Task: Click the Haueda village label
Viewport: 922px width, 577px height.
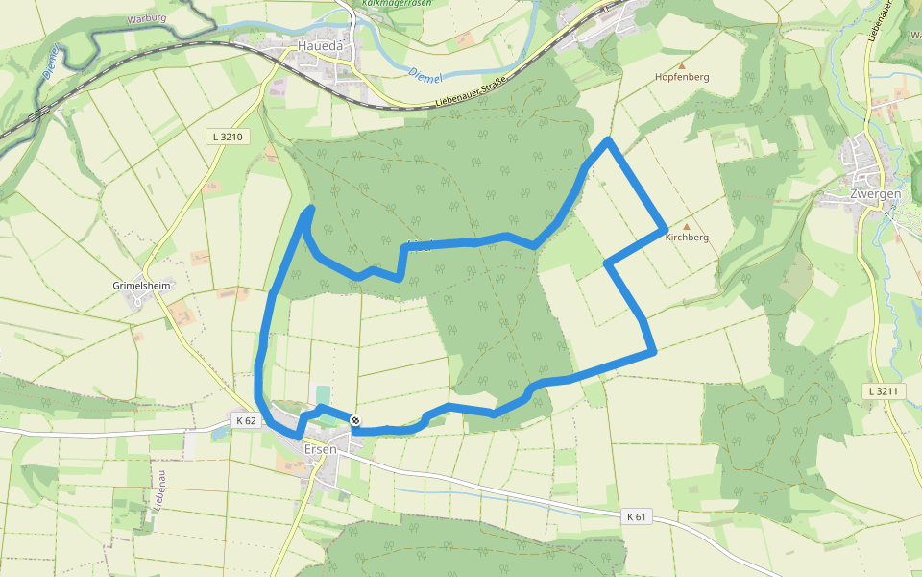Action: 321,45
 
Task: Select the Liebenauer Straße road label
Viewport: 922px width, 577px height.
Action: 471,98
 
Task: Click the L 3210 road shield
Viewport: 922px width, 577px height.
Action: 228,138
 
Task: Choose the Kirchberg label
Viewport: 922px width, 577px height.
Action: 687,238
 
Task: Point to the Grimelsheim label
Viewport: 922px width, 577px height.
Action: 141,287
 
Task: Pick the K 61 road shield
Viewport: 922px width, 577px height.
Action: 636,516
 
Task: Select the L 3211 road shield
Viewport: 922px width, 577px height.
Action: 880,391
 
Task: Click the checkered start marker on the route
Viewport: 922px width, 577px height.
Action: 355,420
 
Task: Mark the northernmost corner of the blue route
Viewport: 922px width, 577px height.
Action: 608,141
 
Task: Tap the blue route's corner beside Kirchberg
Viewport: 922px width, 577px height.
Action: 665,231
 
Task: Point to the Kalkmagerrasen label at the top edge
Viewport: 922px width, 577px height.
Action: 398,4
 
